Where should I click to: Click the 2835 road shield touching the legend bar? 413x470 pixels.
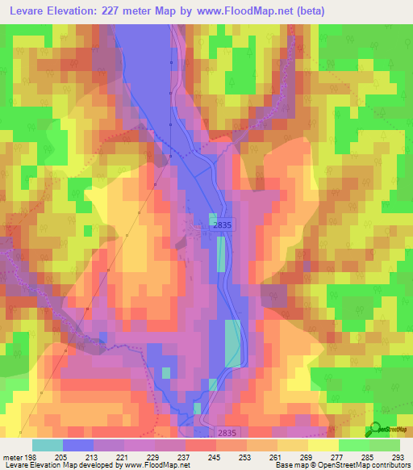point(227,433)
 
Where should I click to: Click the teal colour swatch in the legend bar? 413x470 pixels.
point(48,445)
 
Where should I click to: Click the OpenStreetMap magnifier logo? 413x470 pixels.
point(374,430)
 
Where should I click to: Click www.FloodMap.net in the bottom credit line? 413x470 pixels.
point(155,465)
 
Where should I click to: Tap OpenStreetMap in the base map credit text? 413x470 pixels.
point(336,465)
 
